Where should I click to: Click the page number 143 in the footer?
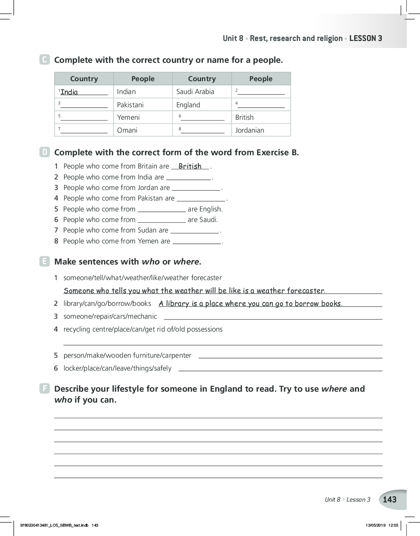click(390, 499)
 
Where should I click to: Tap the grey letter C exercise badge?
click(44, 60)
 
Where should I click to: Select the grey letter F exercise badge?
click(44, 389)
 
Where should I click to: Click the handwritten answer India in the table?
click(69, 92)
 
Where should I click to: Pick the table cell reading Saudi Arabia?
click(195, 92)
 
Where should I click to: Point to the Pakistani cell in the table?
click(130, 105)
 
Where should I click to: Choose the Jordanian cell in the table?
click(250, 130)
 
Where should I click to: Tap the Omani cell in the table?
click(127, 130)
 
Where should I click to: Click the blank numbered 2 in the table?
click(261, 92)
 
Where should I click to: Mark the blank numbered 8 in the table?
click(203, 131)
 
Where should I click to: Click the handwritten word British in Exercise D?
click(190, 166)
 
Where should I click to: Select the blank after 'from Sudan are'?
click(195, 231)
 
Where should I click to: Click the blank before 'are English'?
click(162, 209)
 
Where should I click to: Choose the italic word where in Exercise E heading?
click(186, 262)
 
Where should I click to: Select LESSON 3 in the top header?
click(366, 38)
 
